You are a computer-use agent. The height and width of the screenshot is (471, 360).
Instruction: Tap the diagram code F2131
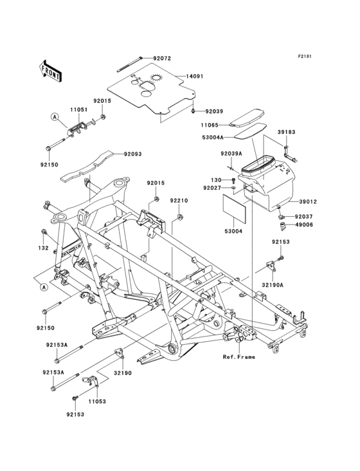[x=304, y=57]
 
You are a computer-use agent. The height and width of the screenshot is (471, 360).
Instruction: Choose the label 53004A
[x=212, y=138]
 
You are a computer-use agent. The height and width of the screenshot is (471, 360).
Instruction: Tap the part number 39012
[x=307, y=201]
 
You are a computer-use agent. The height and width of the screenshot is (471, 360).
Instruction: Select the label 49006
[x=304, y=225]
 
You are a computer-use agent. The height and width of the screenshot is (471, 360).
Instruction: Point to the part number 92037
[x=304, y=217]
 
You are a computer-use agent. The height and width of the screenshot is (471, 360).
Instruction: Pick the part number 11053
[x=96, y=402]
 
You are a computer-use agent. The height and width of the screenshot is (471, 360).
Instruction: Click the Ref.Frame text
[x=239, y=356]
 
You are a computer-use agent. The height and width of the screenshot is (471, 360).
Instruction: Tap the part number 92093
[x=132, y=154]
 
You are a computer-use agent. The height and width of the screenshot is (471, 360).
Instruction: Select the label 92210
[x=179, y=201]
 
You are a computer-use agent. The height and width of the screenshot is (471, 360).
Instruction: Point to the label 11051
[x=79, y=110]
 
